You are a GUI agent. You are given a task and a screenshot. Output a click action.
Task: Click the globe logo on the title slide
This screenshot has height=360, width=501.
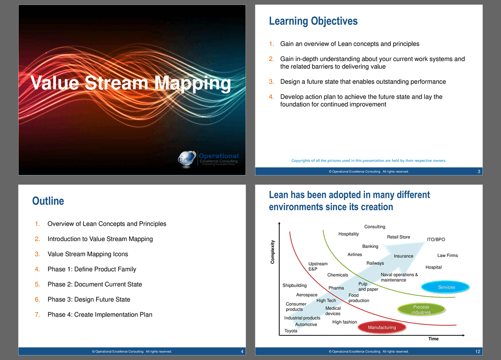(x=187, y=159)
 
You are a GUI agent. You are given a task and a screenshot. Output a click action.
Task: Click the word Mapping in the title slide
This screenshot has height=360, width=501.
(x=193, y=84)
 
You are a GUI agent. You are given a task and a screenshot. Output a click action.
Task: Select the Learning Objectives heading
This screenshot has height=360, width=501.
(x=313, y=21)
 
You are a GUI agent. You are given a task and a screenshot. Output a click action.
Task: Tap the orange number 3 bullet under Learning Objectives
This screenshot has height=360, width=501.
(x=271, y=82)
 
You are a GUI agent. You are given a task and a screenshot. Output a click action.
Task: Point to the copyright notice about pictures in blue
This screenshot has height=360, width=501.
(x=369, y=160)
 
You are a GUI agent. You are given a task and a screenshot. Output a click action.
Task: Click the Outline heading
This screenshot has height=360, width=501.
(x=48, y=201)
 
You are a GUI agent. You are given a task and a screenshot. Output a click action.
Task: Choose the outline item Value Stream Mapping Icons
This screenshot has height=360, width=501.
(x=87, y=254)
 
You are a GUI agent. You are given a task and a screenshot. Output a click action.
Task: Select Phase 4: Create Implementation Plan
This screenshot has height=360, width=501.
(x=100, y=314)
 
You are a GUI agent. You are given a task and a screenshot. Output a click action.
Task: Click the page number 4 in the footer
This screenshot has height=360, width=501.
(x=242, y=351)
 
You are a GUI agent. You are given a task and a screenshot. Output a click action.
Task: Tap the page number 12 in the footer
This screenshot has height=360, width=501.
(x=478, y=351)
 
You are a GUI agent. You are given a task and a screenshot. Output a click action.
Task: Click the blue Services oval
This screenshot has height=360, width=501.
(x=445, y=287)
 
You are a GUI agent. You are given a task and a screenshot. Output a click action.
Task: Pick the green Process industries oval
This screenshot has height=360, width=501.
(x=421, y=309)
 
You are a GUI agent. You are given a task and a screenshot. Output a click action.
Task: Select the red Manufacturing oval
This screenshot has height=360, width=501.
(x=382, y=327)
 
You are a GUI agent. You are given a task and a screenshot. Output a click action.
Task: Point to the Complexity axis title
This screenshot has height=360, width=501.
(x=272, y=252)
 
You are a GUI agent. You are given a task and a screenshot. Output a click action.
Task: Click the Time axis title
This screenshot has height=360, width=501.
(x=433, y=339)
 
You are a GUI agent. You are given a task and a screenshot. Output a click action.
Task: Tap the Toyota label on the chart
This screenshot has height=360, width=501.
(x=291, y=331)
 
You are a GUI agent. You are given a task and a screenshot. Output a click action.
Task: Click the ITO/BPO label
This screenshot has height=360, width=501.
(x=436, y=239)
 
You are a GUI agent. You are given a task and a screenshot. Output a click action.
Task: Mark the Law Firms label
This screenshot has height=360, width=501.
(x=447, y=256)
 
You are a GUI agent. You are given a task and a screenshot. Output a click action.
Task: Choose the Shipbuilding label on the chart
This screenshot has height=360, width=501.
(x=294, y=286)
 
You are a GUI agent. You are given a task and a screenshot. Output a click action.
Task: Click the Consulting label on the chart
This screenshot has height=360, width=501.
(x=374, y=226)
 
